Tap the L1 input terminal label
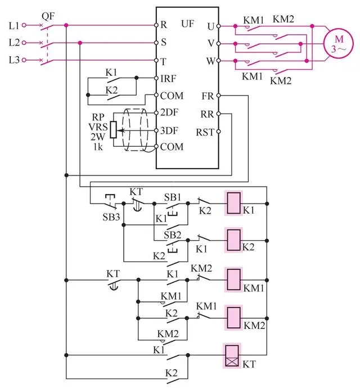pyautogui.click(x=13, y=25)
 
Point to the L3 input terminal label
pyautogui.click(x=13, y=60)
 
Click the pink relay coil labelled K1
pyautogui.click(x=233, y=203)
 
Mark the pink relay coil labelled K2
pyautogui.click(x=233, y=239)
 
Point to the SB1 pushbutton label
pyautogui.click(x=172, y=197)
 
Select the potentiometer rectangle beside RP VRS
pyautogui.click(x=113, y=130)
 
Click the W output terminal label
pyautogui.click(x=211, y=60)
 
